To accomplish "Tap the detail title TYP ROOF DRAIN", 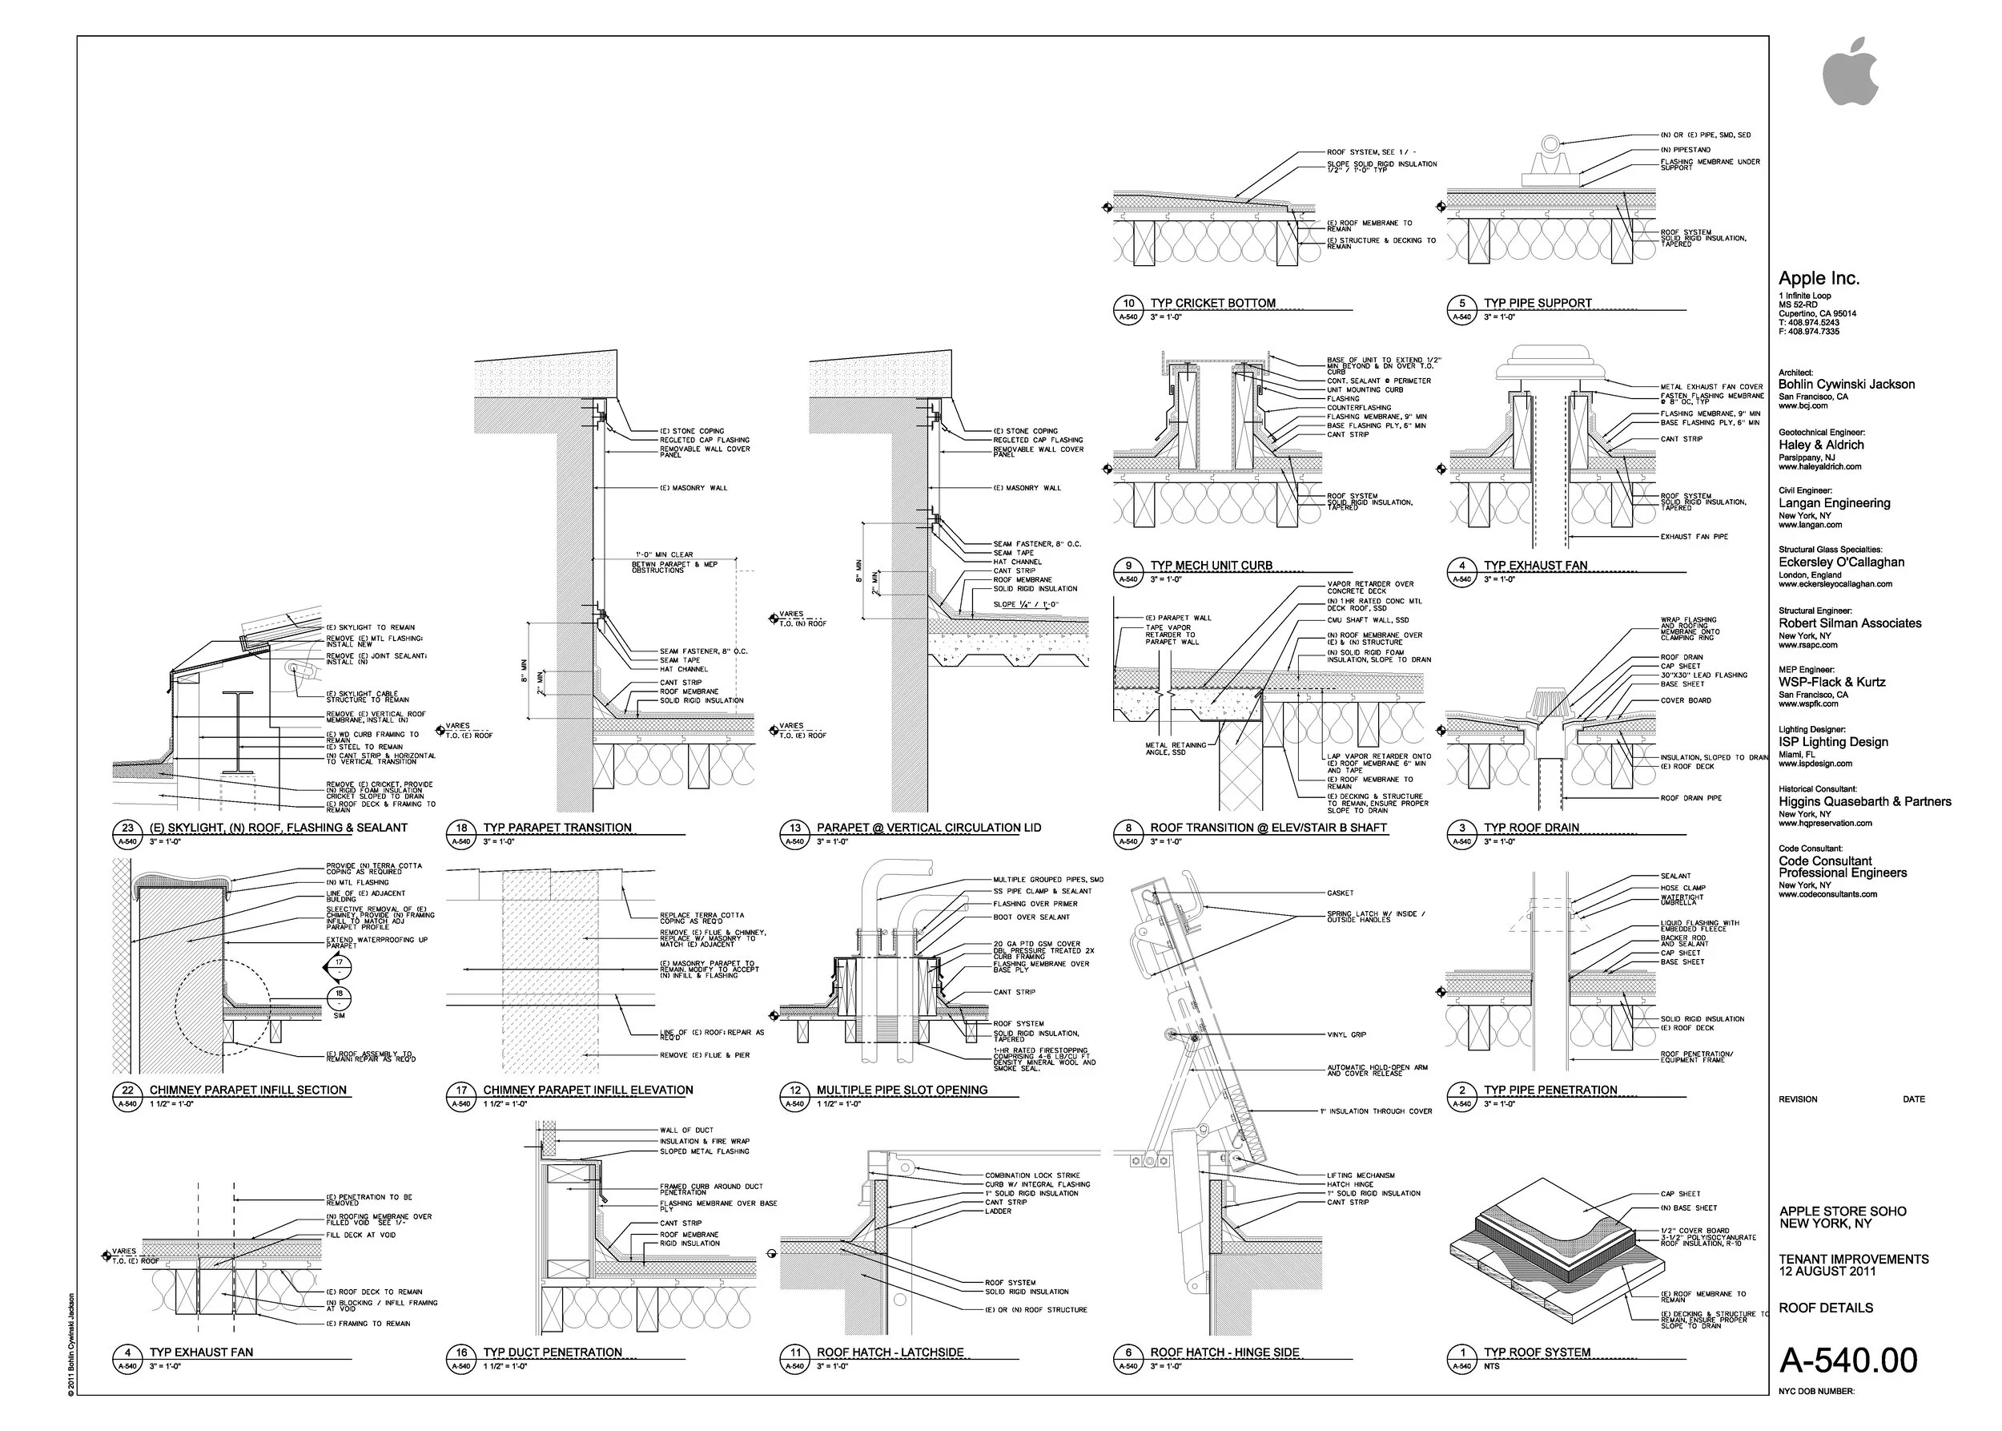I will tap(1531, 828).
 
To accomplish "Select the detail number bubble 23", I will tap(127, 828).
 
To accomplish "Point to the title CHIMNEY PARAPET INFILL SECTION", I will tap(247, 1090).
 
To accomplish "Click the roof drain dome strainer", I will tap(1547, 703).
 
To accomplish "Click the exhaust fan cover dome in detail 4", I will tap(1547, 360).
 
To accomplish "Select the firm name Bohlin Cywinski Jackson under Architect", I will tap(1846, 384).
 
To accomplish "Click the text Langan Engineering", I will tap(1834, 503).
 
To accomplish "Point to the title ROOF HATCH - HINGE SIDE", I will tap(1224, 1352).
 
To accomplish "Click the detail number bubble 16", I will tap(461, 1352).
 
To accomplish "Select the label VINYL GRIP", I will tap(1347, 1034).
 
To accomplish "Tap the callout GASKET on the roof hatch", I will tap(1340, 893).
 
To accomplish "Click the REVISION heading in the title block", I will tap(1798, 1099).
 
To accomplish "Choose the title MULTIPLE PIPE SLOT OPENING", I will tap(902, 1090).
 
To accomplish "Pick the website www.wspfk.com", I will tap(1807, 704).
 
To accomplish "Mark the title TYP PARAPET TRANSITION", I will tap(557, 828).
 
